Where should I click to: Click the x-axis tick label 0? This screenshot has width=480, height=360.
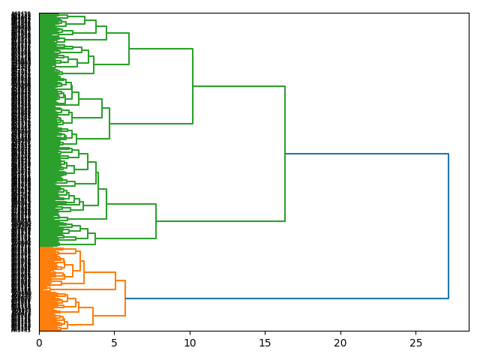[39, 343]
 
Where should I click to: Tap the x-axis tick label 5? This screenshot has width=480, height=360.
[115, 343]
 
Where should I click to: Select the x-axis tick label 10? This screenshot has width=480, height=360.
[190, 343]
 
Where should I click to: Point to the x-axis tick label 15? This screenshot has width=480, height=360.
[265, 343]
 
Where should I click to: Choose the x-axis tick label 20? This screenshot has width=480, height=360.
[340, 343]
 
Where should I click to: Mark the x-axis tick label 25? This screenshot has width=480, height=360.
[416, 343]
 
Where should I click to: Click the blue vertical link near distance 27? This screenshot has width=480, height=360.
[448, 226]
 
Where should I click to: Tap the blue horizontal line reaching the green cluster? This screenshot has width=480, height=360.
[367, 154]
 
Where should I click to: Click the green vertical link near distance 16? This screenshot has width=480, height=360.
[285, 154]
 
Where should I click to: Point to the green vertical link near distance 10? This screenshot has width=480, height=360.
[193, 86]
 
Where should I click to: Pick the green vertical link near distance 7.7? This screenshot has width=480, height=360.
[156, 221]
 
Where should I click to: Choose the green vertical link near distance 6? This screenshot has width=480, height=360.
[129, 49]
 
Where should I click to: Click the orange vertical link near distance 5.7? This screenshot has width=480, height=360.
[125, 298]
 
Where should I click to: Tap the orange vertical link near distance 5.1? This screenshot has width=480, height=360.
[115, 280]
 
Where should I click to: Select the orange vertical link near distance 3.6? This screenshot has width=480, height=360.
[93, 316]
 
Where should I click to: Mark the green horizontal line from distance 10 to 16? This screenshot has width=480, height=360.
[238, 86]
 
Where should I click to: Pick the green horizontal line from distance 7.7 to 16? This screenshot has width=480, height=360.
[220, 221]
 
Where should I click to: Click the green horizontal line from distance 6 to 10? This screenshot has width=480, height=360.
[160, 49]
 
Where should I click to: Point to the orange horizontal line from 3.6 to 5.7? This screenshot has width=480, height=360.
[109, 316]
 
